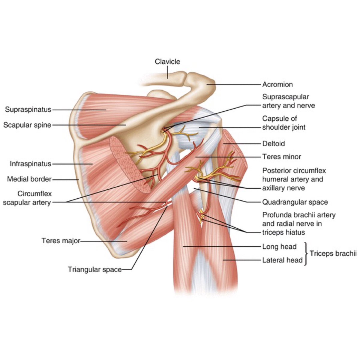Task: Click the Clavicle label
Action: (167, 61)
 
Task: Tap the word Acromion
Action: (277, 85)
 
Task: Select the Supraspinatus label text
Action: (28, 109)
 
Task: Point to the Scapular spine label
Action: (27, 125)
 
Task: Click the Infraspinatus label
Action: (30, 164)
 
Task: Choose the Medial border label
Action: (29, 179)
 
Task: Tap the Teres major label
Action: (61, 241)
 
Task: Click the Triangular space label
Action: (94, 269)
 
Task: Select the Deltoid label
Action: (273, 144)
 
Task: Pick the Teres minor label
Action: (281, 157)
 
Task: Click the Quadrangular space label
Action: (295, 202)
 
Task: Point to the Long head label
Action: (279, 247)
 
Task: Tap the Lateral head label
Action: (282, 260)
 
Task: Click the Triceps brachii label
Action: (333, 253)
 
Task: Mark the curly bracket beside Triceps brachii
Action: (306, 254)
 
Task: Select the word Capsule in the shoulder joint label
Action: (275, 118)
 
